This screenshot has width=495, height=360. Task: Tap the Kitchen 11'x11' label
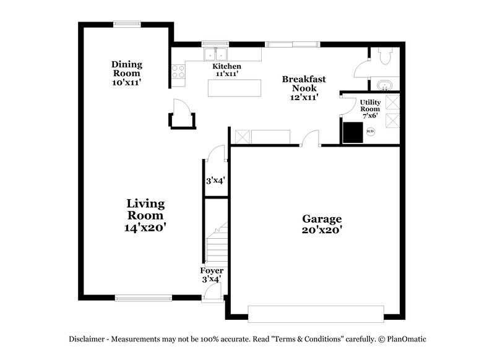(x=227, y=70)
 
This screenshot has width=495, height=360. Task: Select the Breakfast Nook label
(x=304, y=88)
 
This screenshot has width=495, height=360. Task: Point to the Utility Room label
(x=370, y=108)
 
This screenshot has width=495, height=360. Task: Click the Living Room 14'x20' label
(x=145, y=215)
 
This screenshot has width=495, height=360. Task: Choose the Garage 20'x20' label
(x=322, y=224)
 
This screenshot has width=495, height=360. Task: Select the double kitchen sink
(x=215, y=54)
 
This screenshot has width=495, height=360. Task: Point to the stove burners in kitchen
(x=178, y=72)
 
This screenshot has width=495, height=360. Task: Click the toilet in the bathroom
(x=384, y=57)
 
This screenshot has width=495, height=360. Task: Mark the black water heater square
(x=354, y=132)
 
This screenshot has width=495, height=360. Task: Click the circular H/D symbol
(x=371, y=131)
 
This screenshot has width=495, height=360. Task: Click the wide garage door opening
(x=316, y=313)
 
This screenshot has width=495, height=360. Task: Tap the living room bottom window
(x=144, y=298)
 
